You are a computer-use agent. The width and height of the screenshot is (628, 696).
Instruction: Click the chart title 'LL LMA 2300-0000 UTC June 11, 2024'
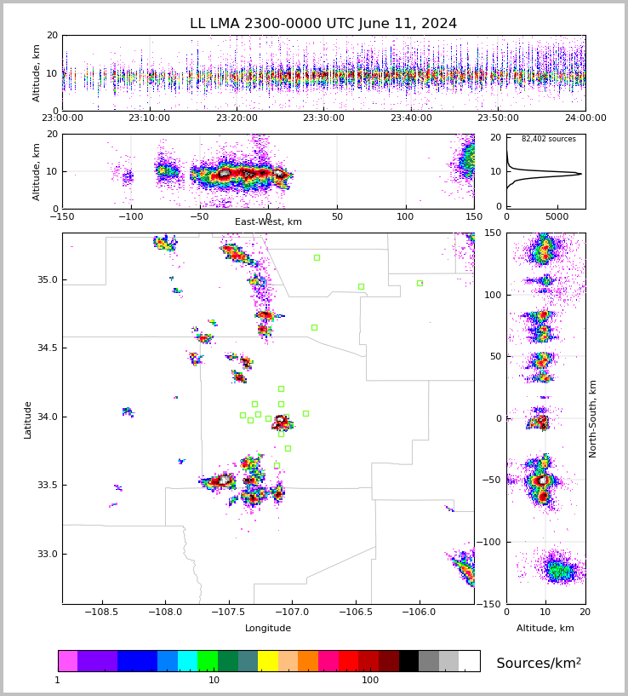(x=323, y=24)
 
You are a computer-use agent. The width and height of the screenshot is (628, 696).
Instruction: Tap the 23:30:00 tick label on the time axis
(x=323, y=118)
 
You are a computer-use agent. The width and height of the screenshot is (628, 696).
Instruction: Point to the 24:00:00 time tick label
(x=585, y=118)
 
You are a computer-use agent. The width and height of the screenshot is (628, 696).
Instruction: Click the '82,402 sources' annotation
(x=548, y=139)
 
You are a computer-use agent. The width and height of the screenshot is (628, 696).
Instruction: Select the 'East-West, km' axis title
(x=268, y=222)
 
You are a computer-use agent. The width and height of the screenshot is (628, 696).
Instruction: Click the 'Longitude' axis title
(x=268, y=629)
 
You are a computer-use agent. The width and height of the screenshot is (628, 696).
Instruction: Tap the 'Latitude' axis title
(x=28, y=419)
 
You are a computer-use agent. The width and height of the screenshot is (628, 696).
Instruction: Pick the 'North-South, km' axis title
(x=593, y=418)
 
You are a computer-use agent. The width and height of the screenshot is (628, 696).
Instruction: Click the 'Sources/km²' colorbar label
(x=539, y=663)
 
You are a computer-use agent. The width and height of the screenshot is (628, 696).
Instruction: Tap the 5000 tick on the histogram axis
(x=558, y=216)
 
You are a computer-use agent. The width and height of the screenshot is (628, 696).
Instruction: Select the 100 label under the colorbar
(x=370, y=681)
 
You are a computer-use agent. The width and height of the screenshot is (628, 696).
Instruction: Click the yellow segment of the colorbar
(x=268, y=661)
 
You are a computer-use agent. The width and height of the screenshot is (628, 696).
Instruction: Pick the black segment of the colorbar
(x=408, y=661)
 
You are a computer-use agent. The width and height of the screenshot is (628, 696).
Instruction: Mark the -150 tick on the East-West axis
(x=62, y=216)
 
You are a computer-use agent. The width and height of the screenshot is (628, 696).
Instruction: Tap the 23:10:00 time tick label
(x=149, y=118)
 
